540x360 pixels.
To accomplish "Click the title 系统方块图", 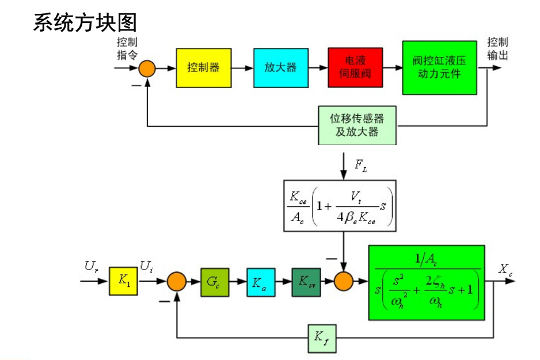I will pyautogui.click(x=85, y=22).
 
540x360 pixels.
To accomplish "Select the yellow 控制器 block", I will pyautogui.click(x=203, y=68).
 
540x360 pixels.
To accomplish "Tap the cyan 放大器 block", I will pyautogui.click(x=280, y=68).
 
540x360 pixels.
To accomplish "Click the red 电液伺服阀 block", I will pyautogui.click(x=355, y=68).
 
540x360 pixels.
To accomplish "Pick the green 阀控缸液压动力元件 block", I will pyautogui.click(x=439, y=67).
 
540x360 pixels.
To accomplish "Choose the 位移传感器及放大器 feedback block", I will pyautogui.click(x=357, y=125).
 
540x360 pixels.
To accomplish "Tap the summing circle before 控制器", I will pyautogui.click(x=147, y=69).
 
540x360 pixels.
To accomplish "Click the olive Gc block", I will pyautogui.click(x=215, y=282).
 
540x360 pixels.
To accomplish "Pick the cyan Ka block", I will pyautogui.click(x=261, y=282).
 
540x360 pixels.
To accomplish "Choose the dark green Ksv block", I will pyautogui.click(x=306, y=282).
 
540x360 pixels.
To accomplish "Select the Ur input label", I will pyautogui.click(x=93, y=267).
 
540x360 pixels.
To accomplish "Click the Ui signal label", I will pyautogui.click(x=146, y=267).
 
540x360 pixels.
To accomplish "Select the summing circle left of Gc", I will pyautogui.click(x=177, y=282).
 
